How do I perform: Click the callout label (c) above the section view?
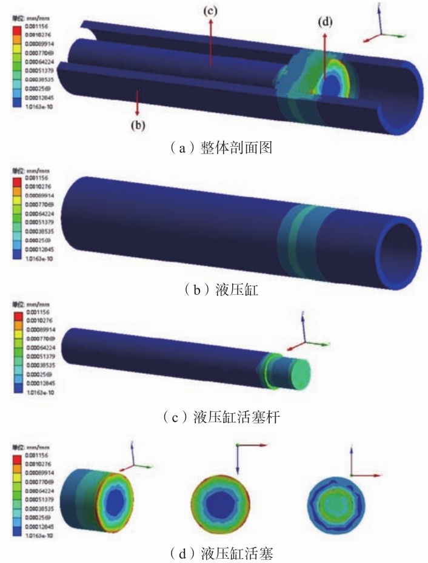pyautogui.click(x=210, y=11)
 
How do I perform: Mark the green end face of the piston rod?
pyautogui.click(x=299, y=369)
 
